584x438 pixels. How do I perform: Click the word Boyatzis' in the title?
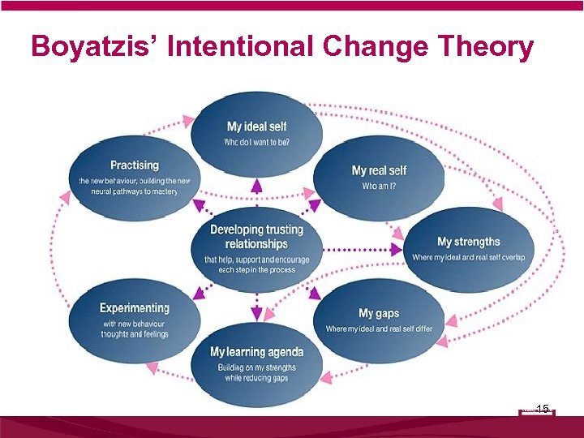(97, 47)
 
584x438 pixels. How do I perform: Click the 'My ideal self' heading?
(256, 127)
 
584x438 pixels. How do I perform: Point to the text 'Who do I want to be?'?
(256, 143)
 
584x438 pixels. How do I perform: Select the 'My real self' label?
(379, 170)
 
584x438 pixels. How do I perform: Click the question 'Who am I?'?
(379, 186)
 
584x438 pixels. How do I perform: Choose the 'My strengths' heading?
(468, 242)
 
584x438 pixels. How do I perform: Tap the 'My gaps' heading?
(379, 313)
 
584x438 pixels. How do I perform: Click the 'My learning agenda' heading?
(256, 351)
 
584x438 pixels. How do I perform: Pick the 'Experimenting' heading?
(135, 308)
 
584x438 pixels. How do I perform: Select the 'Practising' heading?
(135, 165)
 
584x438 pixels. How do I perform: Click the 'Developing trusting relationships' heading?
(256, 236)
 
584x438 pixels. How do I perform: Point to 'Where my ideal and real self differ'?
(379, 328)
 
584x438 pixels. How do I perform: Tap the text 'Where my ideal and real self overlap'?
(468, 257)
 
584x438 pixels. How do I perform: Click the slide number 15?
(543, 409)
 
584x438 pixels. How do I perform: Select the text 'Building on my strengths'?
(256, 367)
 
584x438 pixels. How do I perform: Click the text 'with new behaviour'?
(135, 324)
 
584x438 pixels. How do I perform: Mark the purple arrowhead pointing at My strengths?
(397, 251)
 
